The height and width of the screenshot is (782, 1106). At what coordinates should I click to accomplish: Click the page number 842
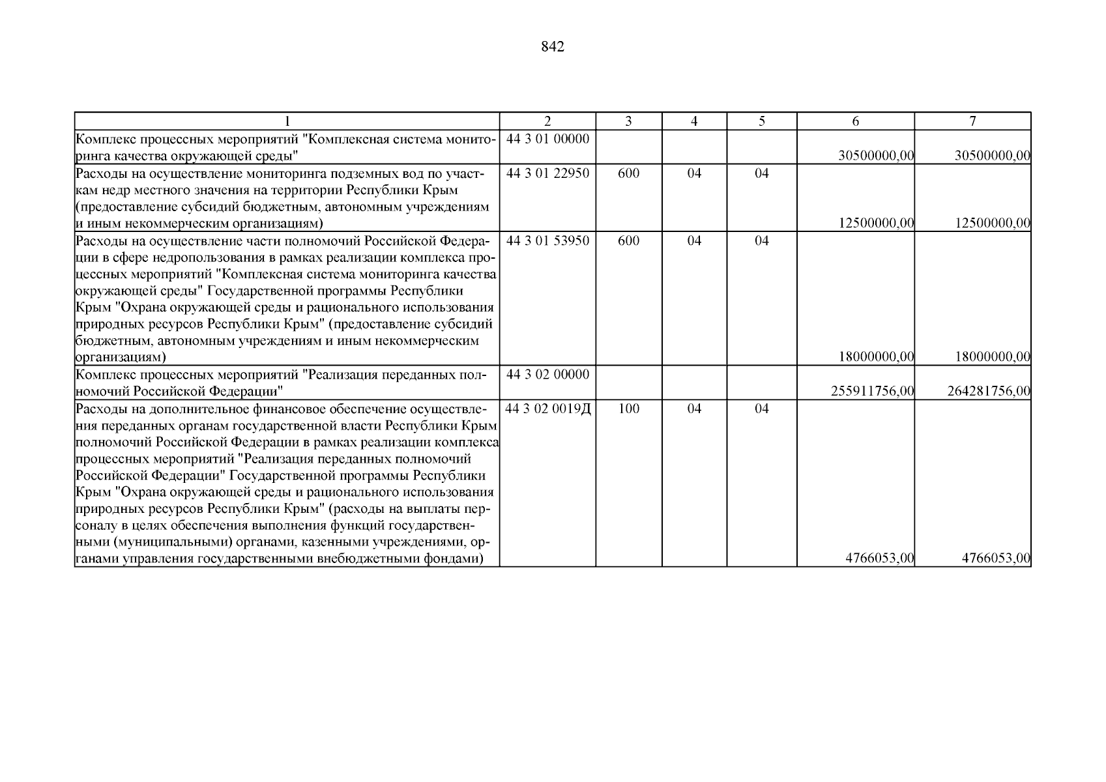point(552,47)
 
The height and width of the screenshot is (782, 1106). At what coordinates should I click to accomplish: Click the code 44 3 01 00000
point(547,139)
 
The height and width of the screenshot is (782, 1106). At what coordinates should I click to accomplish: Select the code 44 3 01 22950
point(547,173)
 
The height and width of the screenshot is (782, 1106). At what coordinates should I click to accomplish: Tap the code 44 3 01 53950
point(547,240)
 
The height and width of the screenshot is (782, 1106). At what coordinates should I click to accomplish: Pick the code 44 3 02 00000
point(547,375)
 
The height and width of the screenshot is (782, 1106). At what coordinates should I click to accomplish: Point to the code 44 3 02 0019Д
point(548,409)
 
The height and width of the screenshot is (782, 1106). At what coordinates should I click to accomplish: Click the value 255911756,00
point(873,391)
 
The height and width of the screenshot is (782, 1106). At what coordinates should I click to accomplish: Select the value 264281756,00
point(989,391)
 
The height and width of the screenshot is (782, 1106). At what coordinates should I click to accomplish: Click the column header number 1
point(287,121)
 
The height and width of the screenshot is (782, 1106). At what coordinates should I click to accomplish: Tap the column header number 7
point(972,121)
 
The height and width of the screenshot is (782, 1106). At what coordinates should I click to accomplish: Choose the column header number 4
point(694,121)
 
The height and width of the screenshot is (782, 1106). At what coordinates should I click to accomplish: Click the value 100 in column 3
point(628,409)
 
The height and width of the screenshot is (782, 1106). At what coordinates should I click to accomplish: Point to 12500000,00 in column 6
point(877,224)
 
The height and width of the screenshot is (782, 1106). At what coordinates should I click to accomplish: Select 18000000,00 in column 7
point(993,357)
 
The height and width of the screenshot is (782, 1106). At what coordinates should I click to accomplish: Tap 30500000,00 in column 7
point(993,156)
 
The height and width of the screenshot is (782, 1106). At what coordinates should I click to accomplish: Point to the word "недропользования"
point(182,257)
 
